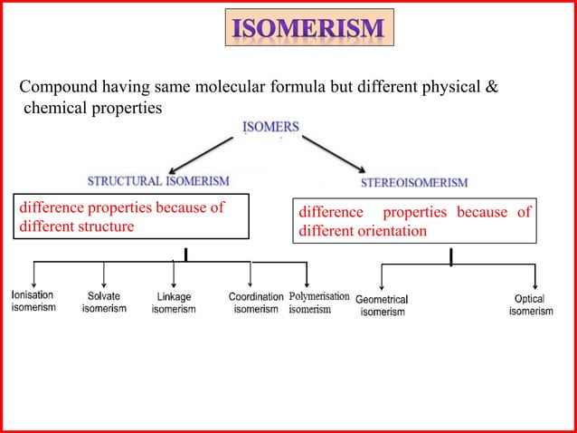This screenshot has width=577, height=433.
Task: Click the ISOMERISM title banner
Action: click(x=308, y=30)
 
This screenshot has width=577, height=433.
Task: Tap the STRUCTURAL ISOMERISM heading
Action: click(x=158, y=181)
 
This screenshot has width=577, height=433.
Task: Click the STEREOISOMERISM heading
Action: click(x=414, y=182)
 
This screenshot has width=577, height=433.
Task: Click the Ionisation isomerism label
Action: click(x=33, y=302)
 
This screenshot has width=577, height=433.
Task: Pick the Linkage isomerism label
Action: click(x=174, y=303)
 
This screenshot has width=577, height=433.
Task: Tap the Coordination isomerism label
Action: click(x=256, y=303)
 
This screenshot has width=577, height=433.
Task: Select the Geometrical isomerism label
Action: click(x=382, y=305)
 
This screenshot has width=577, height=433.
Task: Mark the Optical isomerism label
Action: click(x=530, y=305)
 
